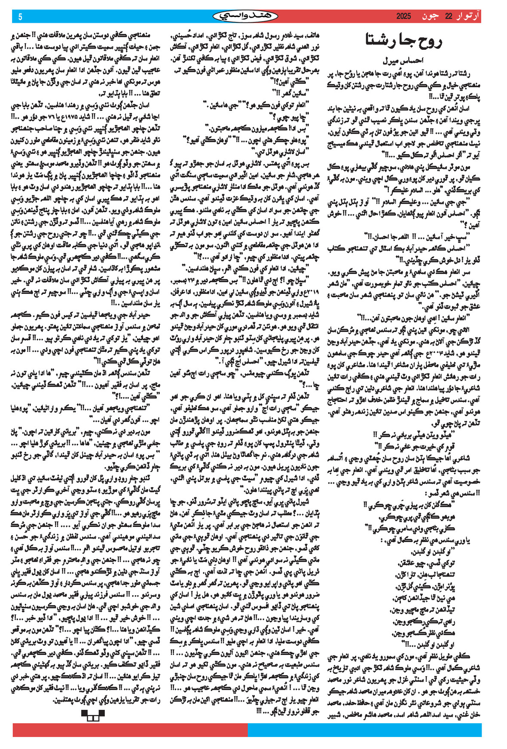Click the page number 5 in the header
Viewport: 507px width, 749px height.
(20, 17)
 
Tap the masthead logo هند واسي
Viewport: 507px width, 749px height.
(238, 17)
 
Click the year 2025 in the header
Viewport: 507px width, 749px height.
(403, 17)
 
